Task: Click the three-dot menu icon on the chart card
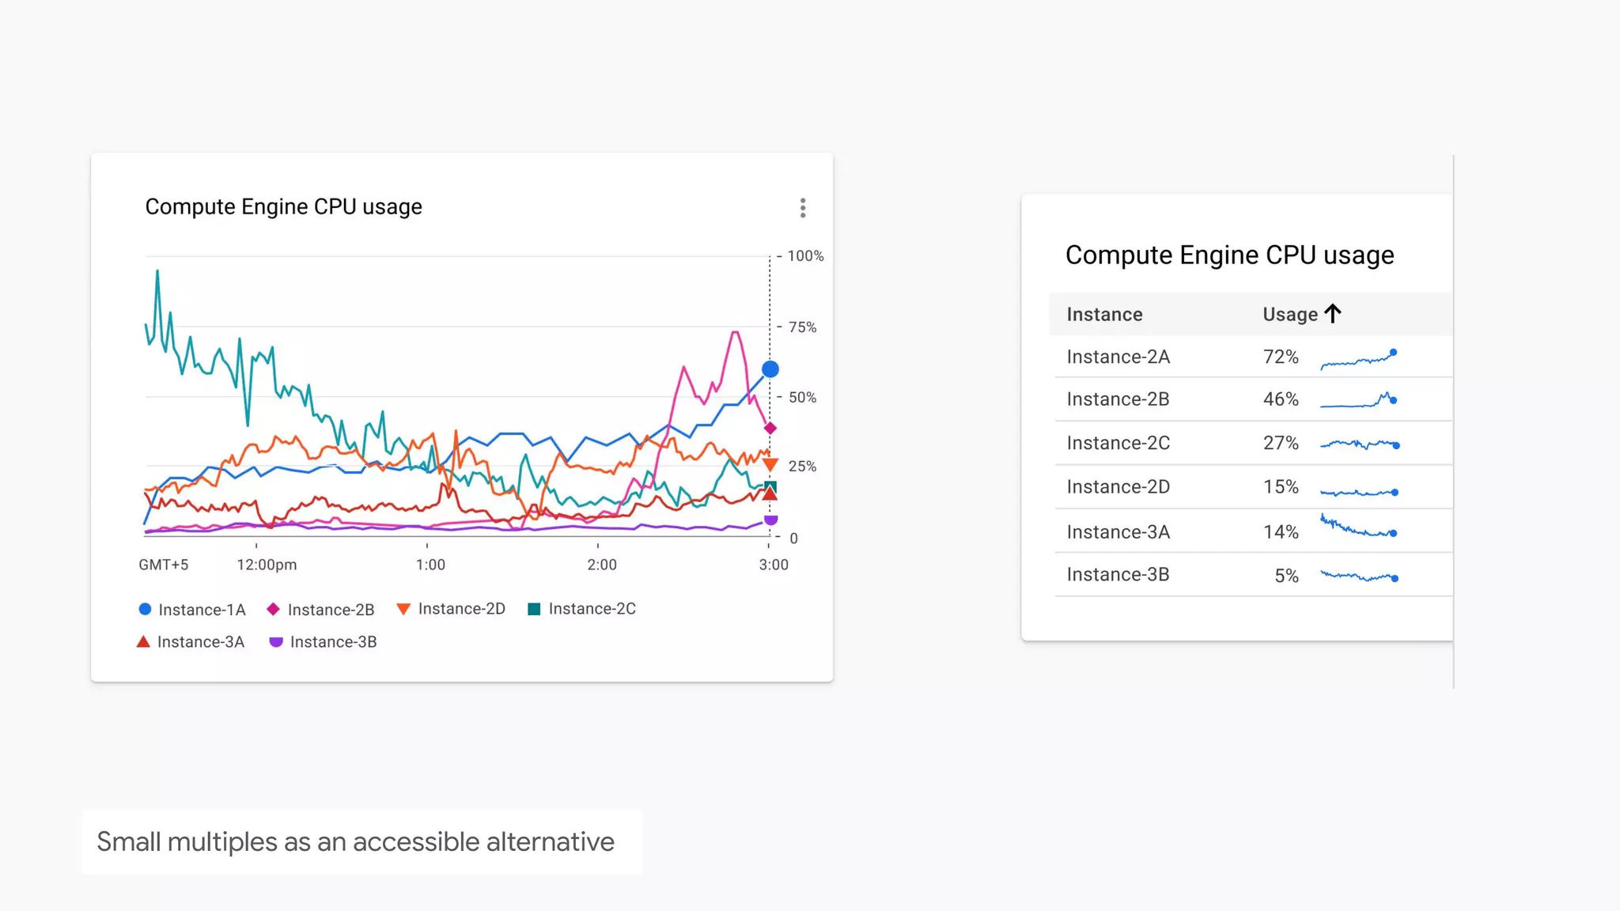[x=803, y=208]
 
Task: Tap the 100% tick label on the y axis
[x=805, y=256]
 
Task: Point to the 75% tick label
[x=802, y=327]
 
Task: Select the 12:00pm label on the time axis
[x=267, y=565]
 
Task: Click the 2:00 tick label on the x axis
[x=602, y=565]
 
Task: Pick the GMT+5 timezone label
[x=164, y=565]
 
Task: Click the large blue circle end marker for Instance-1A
[x=770, y=369]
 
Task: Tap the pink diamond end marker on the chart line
[x=770, y=429]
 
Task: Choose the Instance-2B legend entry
[x=321, y=610]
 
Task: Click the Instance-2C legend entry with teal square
[x=582, y=609]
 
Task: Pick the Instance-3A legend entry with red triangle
[x=191, y=642]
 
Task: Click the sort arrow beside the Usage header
[x=1333, y=314]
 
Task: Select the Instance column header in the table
[x=1104, y=315]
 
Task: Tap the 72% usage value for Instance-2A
[x=1281, y=357]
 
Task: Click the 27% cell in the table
[x=1281, y=443]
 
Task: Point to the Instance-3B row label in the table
[x=1118, y=575]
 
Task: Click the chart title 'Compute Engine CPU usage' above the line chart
[x=283, y=207]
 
